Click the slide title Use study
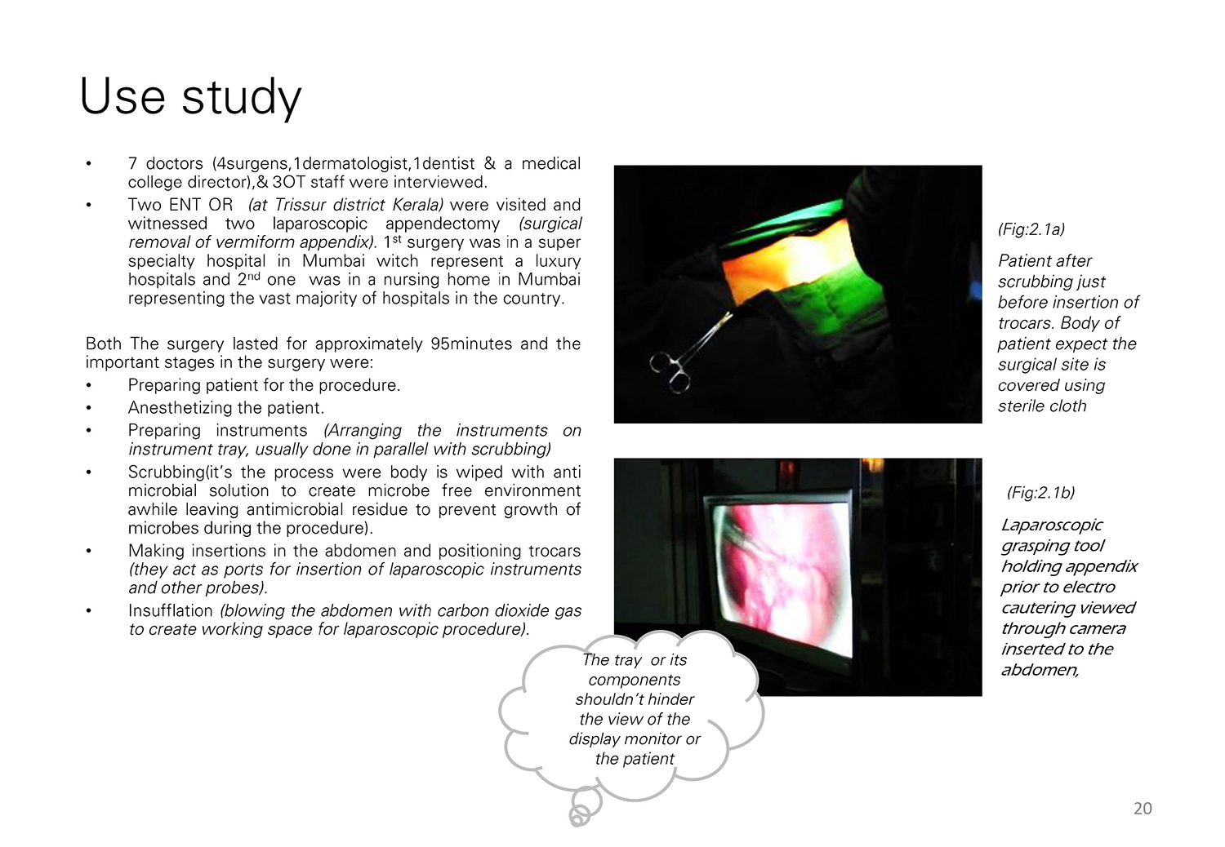[x=190, y=97]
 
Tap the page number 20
[x=1143, y=808]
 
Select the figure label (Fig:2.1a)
[x=1031, y=229]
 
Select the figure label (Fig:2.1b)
[x=1040, y=493]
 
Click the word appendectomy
[x=443, y=224]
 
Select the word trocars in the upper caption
[x=1026, y=323]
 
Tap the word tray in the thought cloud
[x=628, y=660]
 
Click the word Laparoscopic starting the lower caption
[x=1051, y=525]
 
